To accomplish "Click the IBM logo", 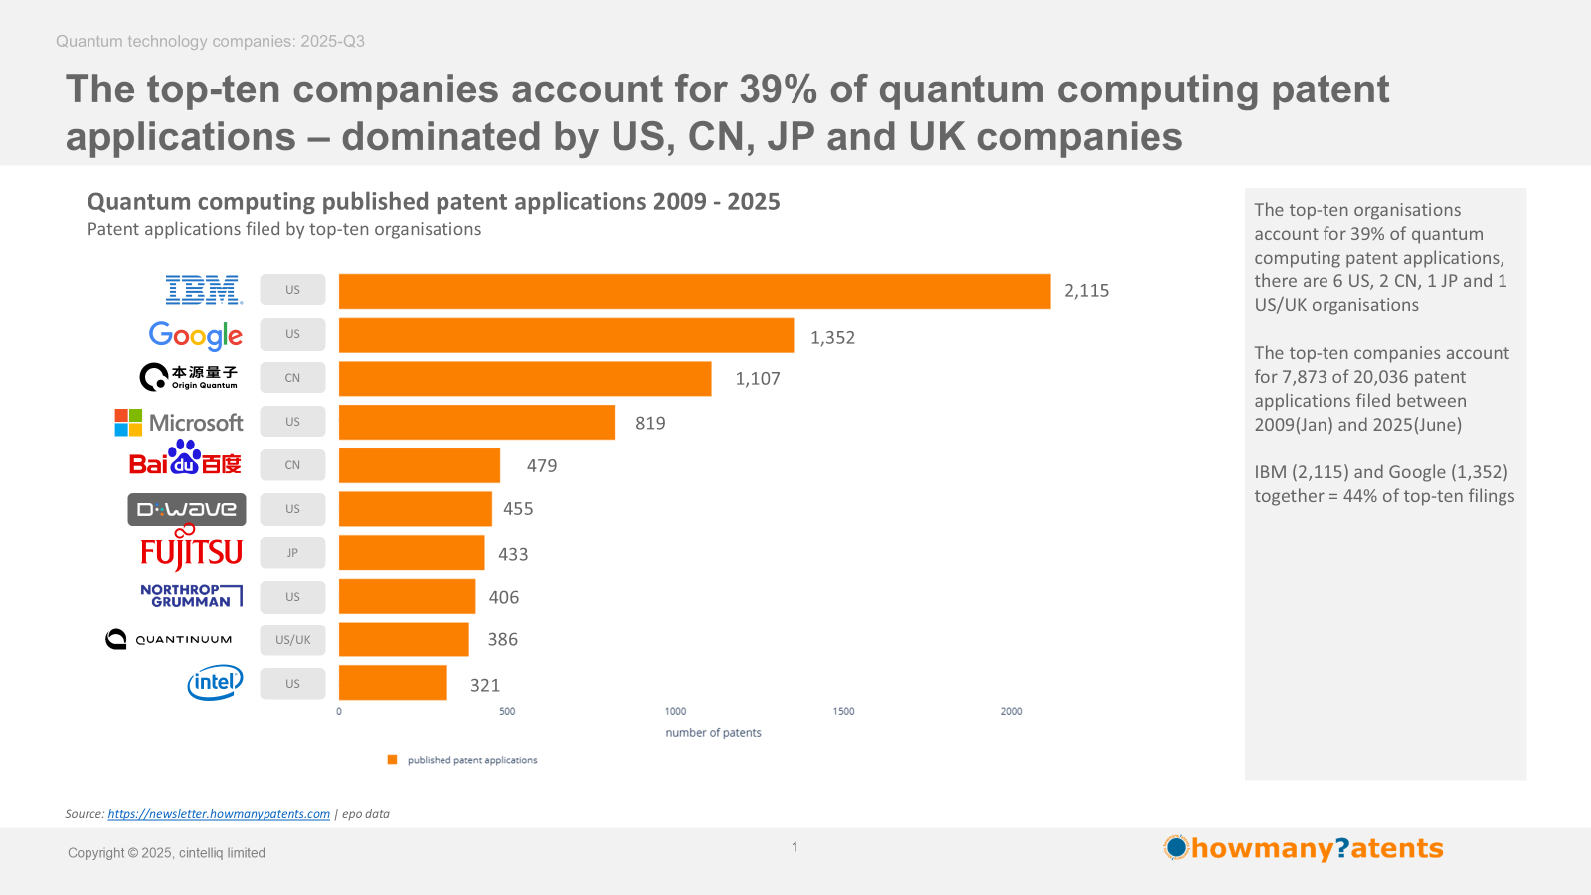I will [204, 290].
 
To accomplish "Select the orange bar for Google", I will [566, 335].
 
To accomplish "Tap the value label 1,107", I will [758, 379].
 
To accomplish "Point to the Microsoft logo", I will [179, 423].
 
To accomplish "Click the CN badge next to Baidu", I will [292, 465].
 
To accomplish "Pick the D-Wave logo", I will [187, 509].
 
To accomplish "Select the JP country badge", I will [292, 553].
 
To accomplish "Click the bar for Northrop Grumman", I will [407, 597].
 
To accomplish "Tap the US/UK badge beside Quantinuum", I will [292, 640].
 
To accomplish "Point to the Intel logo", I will [215, 683].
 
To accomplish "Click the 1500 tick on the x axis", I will [843, 712].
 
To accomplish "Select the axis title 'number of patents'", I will [713, 733].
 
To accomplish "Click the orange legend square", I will [392, 760].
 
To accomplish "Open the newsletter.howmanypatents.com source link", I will [219, 814].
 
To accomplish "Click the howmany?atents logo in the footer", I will [1304, 848].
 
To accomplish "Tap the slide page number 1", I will [795, 847].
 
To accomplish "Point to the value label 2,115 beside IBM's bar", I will [1086, 291].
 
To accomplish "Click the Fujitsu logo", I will [191, 550].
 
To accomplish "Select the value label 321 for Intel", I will [485, 685].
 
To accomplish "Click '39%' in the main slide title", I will [779, 89].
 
